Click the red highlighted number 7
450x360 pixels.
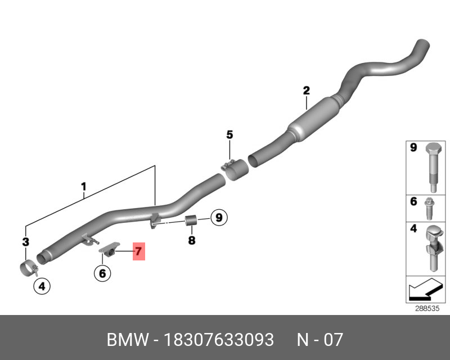pos(138,251)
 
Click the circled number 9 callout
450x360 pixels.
pos(218,217)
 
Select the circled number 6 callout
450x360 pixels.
pos(102,273)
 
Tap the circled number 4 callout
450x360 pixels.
pos(42,286)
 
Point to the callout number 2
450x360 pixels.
pos(306,90)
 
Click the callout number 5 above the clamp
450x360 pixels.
pos(229,134)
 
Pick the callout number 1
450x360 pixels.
pos(83,186)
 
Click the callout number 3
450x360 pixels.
pos(25,242)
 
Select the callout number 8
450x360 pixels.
pos(191,240)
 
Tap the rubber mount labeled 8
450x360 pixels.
pos(191,220)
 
